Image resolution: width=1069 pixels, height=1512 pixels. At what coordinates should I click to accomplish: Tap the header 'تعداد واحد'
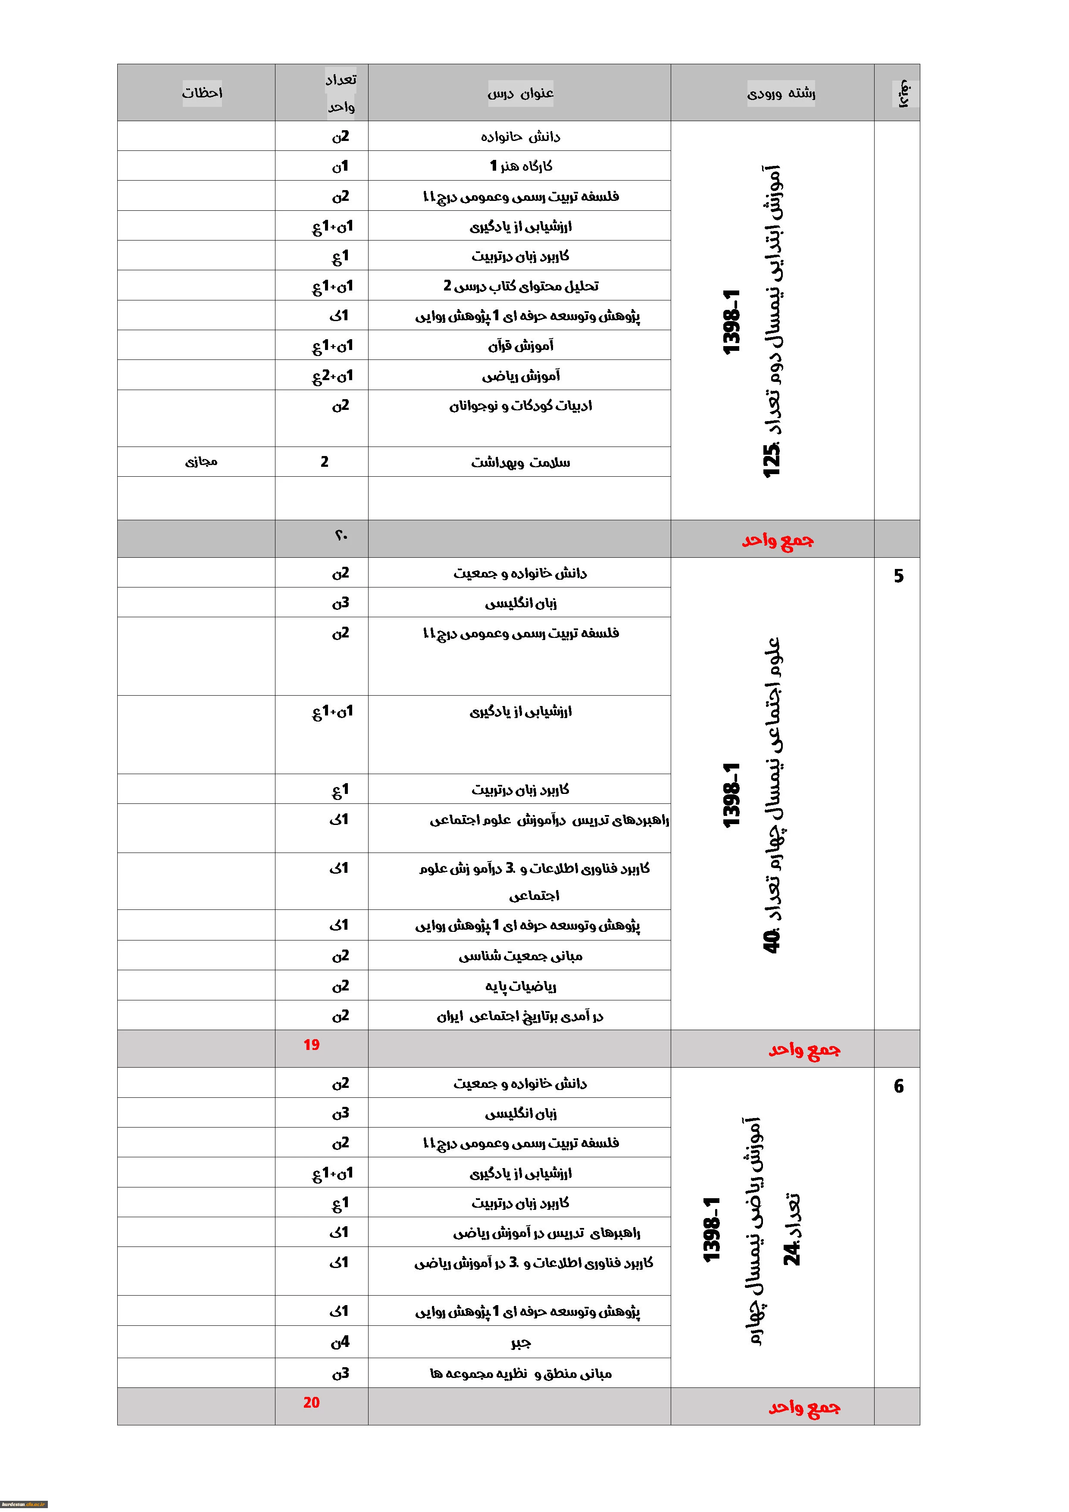341,93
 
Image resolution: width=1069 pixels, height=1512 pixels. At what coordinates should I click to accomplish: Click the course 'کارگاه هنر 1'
520,166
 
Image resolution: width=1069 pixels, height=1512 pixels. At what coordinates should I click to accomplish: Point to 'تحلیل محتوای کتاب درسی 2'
520,286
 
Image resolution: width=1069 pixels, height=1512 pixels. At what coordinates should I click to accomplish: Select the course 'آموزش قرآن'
520,345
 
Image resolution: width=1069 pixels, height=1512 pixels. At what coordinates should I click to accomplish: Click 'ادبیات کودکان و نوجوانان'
520,406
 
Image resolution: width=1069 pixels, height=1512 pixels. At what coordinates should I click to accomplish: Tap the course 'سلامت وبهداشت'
520,462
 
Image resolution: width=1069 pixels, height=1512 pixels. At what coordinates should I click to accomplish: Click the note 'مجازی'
201,462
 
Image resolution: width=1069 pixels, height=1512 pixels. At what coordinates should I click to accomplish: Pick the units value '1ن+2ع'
333,376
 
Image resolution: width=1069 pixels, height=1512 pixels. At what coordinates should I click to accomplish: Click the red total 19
312,1044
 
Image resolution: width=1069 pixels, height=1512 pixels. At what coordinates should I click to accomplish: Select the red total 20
312,1402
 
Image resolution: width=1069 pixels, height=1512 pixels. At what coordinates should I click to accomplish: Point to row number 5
898,576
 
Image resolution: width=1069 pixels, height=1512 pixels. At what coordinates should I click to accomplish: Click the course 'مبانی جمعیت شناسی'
520,956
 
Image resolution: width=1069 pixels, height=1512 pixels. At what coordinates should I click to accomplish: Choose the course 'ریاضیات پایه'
520,986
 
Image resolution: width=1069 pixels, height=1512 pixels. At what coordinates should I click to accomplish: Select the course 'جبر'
520,1342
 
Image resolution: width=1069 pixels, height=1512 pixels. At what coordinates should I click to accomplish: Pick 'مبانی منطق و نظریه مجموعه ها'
520,1374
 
